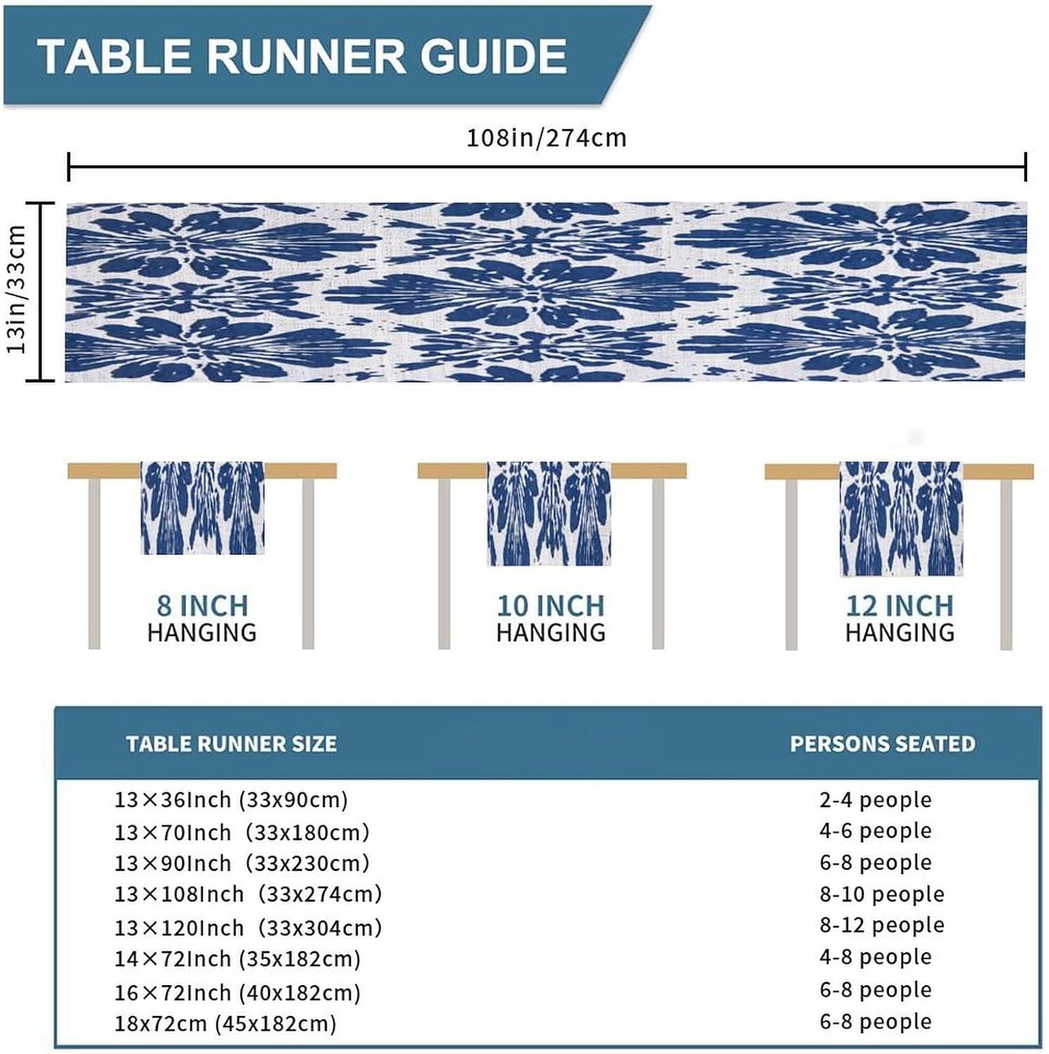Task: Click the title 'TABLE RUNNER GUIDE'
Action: click(x=302, y=56)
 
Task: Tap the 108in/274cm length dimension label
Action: click(x=546, y=138)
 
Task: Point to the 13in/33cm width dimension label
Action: click(x=16, y=289)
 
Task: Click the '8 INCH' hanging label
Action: click(x=202, y=606)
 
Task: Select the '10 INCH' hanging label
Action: click(x=550, y=606)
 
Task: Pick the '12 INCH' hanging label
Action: click(x=899, y=606)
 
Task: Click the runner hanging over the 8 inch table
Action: click(x=202, y=507)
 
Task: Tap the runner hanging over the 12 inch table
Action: click(x=901, y=519)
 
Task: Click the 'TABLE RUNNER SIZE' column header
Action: click(x=231, y=744)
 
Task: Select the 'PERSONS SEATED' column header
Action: click(x=882, y=744)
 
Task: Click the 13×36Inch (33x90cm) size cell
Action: click(x=231, y=800)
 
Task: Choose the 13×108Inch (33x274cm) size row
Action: click(x=248, y=894)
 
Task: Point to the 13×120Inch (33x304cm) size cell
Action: click(x=248, y=928)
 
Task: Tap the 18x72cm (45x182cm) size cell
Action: click(x=226, y=1024)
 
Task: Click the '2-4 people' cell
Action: click(x=875, y=800)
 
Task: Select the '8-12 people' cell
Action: click(x=882, y=925)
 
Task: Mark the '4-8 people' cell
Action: click(x=875, y=957)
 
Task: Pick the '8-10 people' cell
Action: click(x=882, y=894)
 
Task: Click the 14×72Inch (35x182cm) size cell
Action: click(x=237, y=959)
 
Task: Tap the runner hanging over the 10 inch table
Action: click(x=549, y=513)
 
